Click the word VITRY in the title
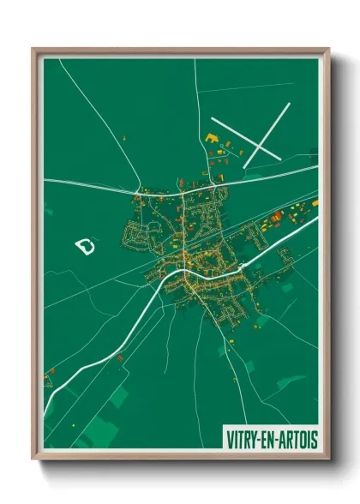245,439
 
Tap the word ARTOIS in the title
299,439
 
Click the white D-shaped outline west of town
85,247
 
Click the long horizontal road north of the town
94,183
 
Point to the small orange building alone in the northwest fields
125,137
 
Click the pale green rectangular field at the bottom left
103,429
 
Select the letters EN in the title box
273,439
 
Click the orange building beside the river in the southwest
51,370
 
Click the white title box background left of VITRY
225,439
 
